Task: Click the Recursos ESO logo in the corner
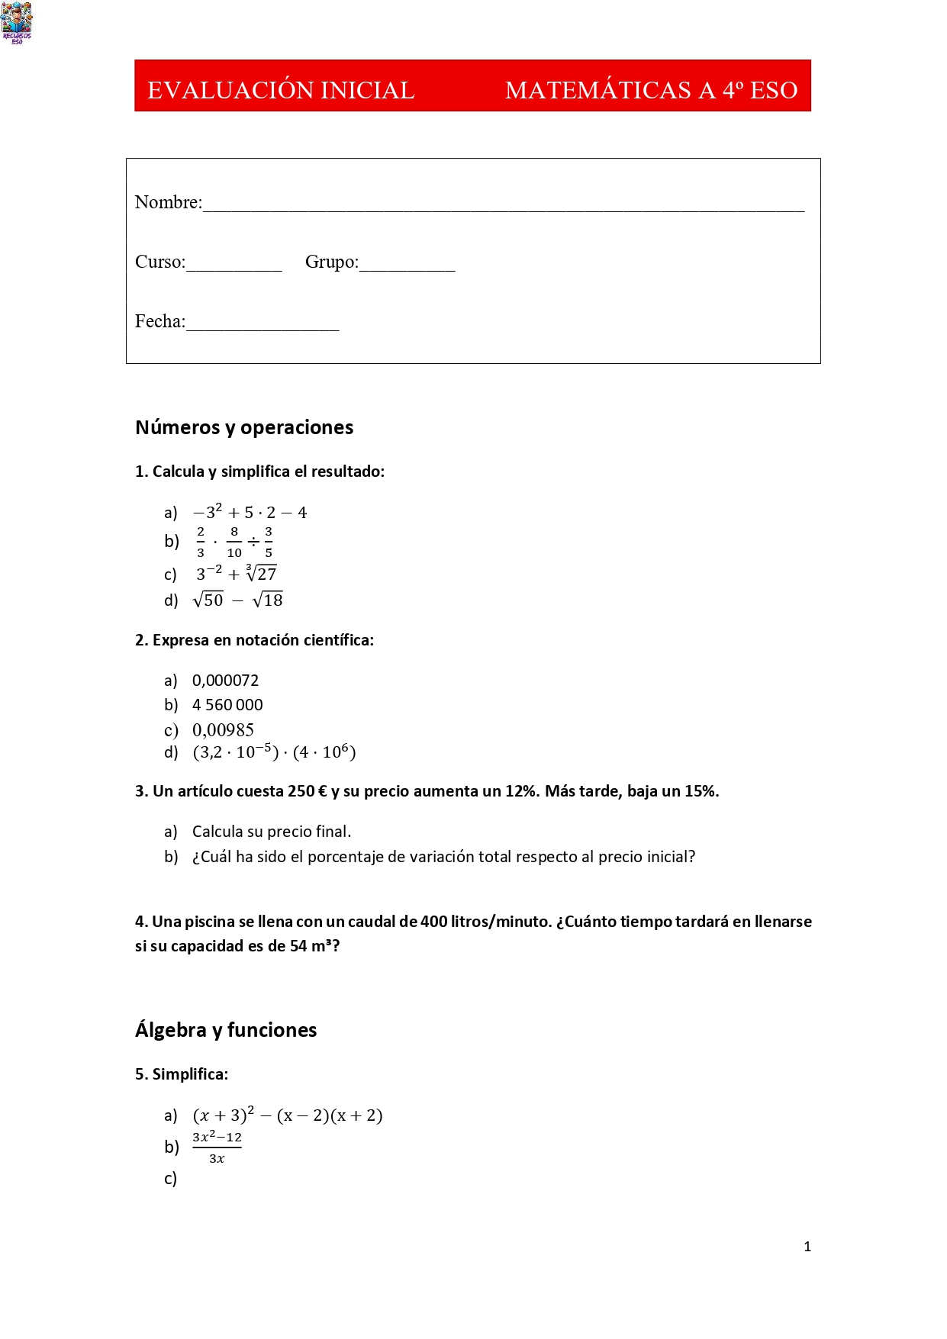pyautogui.click(x=17, y=22)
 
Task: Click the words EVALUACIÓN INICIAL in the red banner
pyautogui.click(x=280, y=90)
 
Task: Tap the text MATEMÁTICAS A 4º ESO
pyautogui.click(x=651, y=90)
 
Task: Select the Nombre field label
pyautogui.click(x=168, y=202)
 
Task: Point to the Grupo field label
pyautogui.click(x=331, y=262)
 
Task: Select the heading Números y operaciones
pyautogui.click(x=244, y=427)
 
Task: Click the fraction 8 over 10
pyautogui.click(x=234, y=542)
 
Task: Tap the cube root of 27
pyautogui.click(x=262, y=573)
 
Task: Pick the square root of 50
pyautogui.click(x=208, y=600)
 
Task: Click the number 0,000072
pyautogui.click(x=225, y=680)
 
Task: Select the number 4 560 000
pyautogui.click(x=227, y=705)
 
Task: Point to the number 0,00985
pyautogui.click(x=223, y=730)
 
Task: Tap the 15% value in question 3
pyautogui.click(x=701, y=791)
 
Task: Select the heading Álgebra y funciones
pyautogui.click(x=226, y=1030)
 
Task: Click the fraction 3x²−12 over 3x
pyautogui.click(x=217, y=1147)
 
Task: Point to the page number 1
pyautogui.click(x=807, y=1247)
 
